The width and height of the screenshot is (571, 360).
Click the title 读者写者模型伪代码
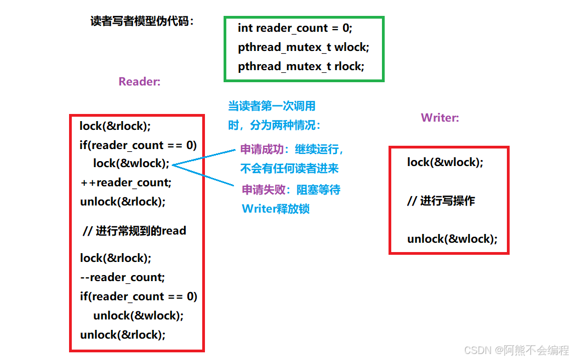(142, 21)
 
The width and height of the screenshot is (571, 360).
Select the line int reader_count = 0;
(295, 28)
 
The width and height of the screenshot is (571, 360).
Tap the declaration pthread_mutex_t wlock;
(304, 47)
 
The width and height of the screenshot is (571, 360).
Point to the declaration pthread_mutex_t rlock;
(301, 66)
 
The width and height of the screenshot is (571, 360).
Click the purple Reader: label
(140, 82)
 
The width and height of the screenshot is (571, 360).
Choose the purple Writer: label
(440, 117)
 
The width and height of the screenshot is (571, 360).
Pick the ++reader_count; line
(126, 182)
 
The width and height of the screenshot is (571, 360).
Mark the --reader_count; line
(122, 277)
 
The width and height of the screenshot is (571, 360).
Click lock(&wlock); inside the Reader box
(132, 163)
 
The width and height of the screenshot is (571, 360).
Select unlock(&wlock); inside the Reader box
(138, 316)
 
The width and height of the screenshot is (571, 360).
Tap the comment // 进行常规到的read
(134, 231)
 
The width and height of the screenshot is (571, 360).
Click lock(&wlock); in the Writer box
(445, 162)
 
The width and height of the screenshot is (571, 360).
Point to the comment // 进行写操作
(441, 201)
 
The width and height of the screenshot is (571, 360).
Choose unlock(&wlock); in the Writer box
(452, 239)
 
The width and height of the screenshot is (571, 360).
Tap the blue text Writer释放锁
(276, 209)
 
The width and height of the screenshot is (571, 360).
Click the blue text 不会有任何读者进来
(289, 168)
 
